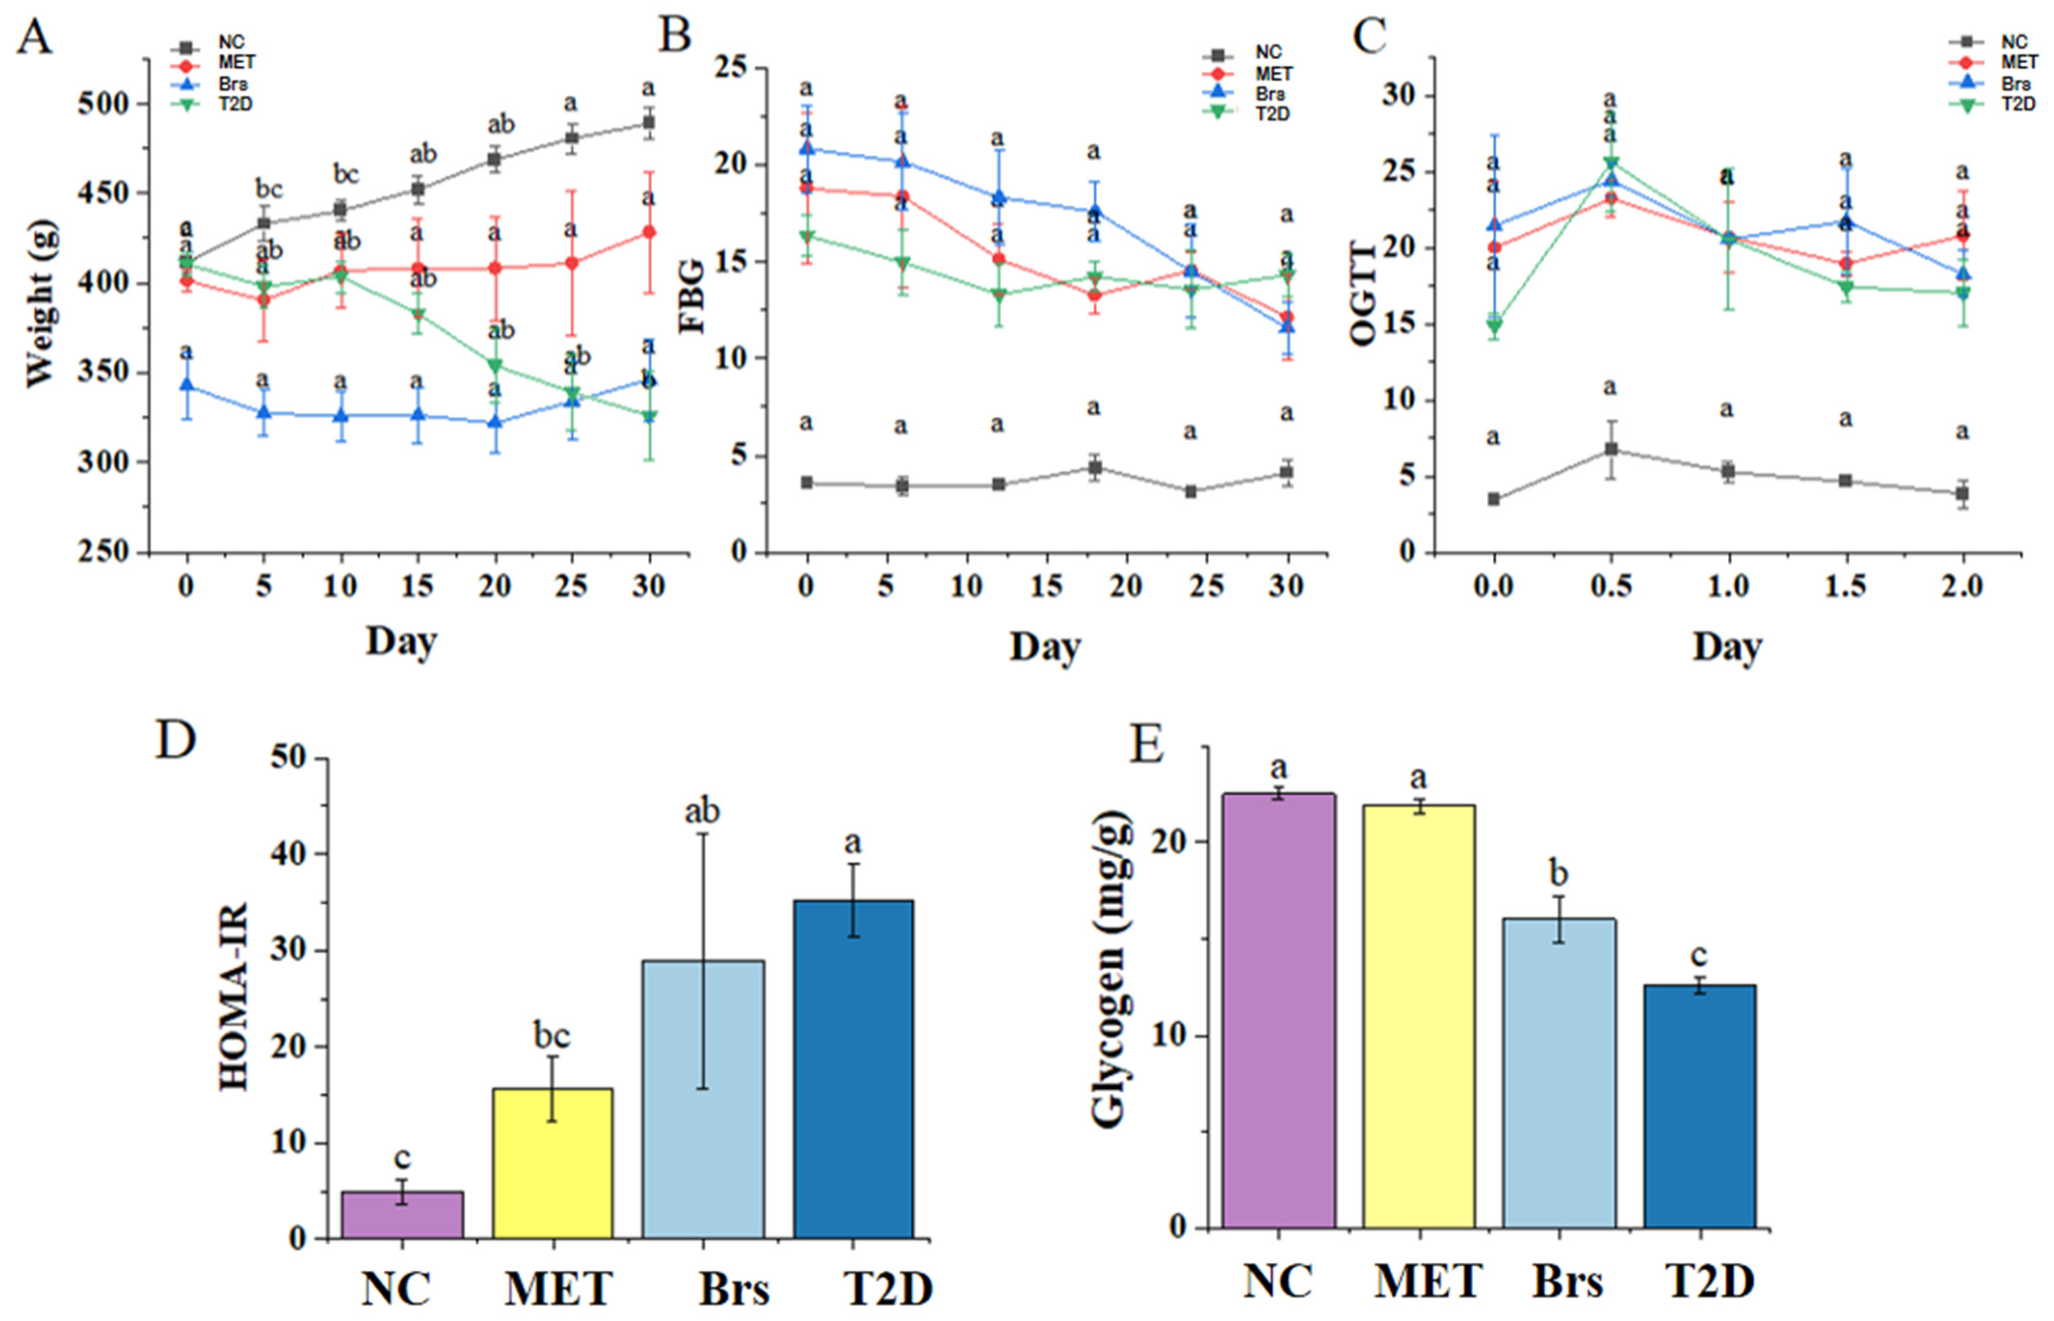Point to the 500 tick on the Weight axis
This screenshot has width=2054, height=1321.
coord(103,104)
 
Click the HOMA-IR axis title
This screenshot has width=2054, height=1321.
coord(233,996)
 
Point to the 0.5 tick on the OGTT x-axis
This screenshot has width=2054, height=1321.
coord(1610,587)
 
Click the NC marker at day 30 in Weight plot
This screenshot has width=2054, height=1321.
coord(650,123)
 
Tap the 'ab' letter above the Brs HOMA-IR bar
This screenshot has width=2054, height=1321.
coord(702,811)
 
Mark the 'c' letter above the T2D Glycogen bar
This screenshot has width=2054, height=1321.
coord(1699,955)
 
